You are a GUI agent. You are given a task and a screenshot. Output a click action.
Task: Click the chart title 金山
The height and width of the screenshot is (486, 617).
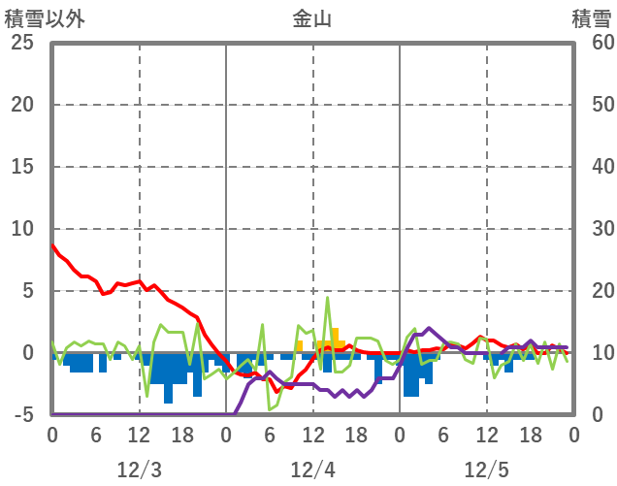coord(311,18)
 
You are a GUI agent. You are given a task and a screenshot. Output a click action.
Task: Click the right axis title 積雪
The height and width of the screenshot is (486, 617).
coord(591,18)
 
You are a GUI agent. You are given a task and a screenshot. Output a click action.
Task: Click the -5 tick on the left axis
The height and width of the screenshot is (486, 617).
coord(21,415)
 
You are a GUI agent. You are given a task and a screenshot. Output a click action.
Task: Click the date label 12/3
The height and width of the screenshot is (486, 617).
coord(139,470)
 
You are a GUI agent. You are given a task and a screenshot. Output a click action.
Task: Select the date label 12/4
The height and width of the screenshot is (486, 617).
coord(312,470)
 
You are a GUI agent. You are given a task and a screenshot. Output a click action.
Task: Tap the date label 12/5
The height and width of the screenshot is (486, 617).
coord(486,470)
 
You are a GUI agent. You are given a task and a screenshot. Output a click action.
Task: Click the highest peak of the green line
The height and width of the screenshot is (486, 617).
coord(327,298)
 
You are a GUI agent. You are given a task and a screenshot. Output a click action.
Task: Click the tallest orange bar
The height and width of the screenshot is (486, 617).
coord(335,337)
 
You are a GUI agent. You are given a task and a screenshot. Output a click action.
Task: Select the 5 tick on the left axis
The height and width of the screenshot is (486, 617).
coord(27,291)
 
